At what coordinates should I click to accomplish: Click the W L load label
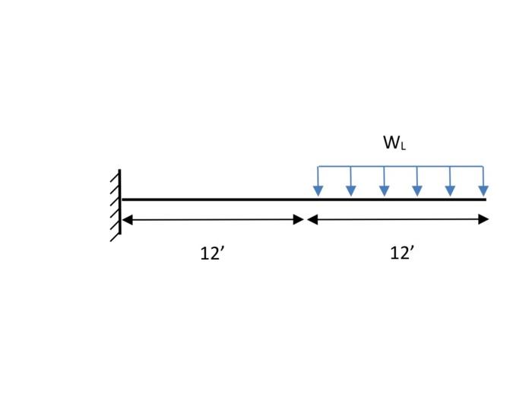tap(394, 142)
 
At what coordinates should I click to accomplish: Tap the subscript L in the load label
tap(403, 146)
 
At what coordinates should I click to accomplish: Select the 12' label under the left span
tap(212, 254)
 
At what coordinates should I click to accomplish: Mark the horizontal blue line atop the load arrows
tap(401, 166)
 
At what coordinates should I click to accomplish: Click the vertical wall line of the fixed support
tap(120, 202)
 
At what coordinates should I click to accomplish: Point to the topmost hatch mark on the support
tap(115, 177)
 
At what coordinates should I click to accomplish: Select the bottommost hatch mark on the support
tap(115, 234)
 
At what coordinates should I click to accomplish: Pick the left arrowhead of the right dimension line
tap(312, 220)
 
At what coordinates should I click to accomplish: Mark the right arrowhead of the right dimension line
tap(483, 220)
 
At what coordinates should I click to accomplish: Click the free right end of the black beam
tap(484, 199)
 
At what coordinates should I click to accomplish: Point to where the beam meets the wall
tap(122, 199)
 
